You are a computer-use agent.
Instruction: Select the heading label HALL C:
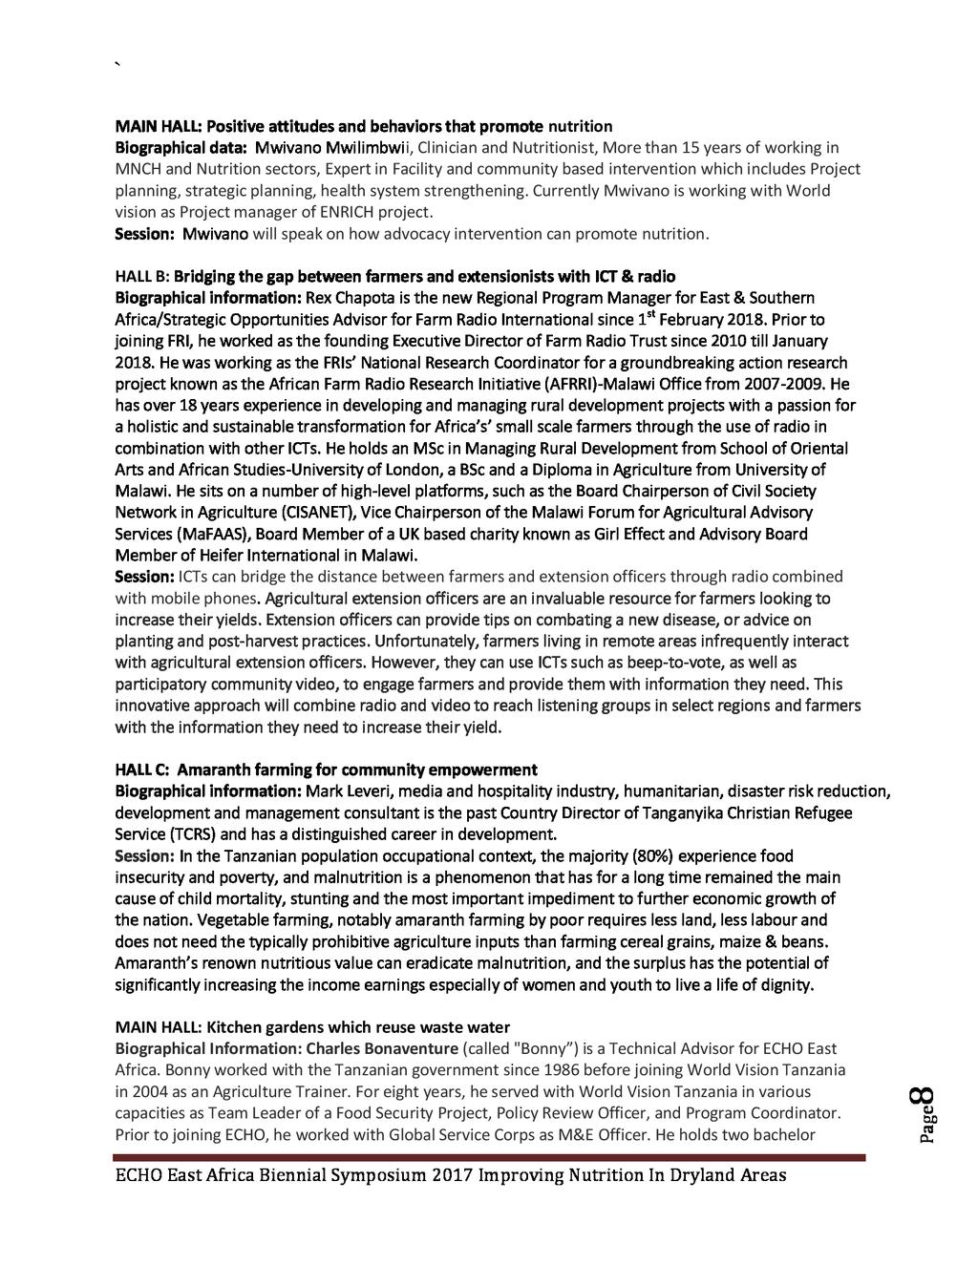[x=142, y=770]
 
